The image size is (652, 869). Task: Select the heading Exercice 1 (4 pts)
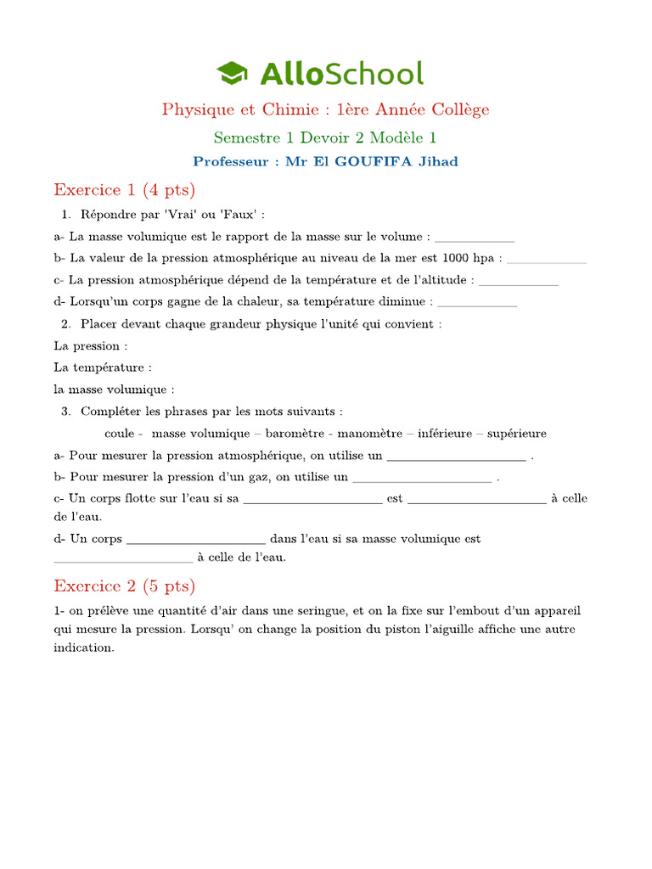[124, 188]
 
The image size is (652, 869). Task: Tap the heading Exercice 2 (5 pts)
[124, 586]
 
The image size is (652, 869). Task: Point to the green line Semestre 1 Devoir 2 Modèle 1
[325, 137]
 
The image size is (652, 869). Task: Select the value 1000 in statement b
[457, 258]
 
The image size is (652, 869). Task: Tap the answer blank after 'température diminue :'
[477, 301]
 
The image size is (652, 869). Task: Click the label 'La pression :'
[91, 346]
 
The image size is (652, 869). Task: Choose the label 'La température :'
[103, 367]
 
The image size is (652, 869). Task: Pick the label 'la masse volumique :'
[114, 390]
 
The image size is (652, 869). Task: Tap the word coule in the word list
[120, 434]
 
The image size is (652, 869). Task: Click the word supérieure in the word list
[514, 434]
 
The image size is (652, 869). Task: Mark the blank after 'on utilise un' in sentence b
[422, 478]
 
